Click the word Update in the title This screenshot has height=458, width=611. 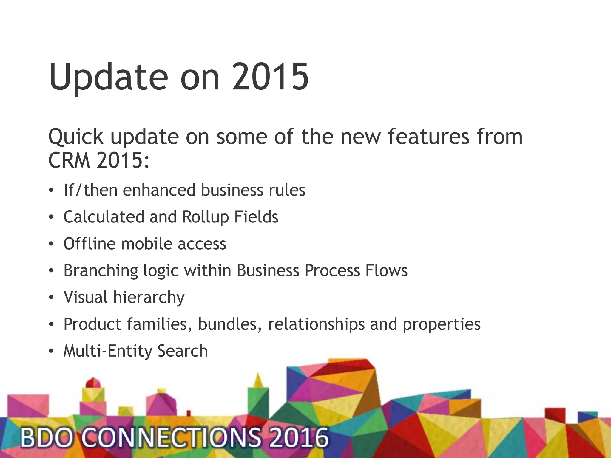[x=108, y=77]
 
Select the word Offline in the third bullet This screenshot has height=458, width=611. [x=89, y=244]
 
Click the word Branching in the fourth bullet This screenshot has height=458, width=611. [x=101, y=271]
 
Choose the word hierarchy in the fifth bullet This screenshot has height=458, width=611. [x=149, y=298]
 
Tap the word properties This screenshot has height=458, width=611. [x=442, y=324]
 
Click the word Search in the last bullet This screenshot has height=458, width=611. [x=183, y=351]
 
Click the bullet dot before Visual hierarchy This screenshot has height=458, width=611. [x=51, y=297]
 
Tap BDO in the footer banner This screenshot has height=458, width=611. [x=47, y=438]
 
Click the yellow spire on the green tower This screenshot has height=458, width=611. [x=258, y=380]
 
